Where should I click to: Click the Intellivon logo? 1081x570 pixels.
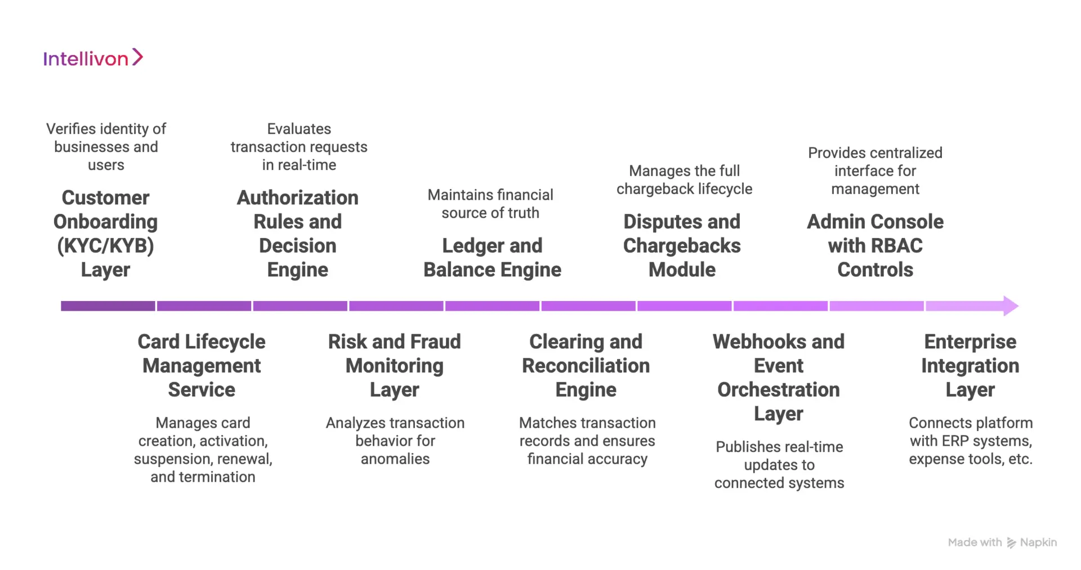click(93, 58)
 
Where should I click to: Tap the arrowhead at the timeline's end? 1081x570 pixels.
click(1010, 306)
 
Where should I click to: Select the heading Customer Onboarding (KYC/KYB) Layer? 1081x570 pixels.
click(105, 234)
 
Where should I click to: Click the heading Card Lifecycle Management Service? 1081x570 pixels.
click(202, 366)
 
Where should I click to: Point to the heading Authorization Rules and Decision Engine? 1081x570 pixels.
click(297, 234)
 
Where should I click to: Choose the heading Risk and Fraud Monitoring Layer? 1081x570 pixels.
click(394, 366)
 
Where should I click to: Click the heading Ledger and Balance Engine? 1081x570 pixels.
click(492, 258)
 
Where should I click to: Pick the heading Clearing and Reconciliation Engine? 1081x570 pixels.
click(586, 366)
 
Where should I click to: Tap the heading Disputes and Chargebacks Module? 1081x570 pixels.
click(682, 246)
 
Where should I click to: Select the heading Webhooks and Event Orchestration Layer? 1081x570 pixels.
click(779, 378)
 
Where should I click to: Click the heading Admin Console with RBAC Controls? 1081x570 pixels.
click(875, 246)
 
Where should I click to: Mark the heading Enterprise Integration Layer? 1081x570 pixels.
click(970, 366)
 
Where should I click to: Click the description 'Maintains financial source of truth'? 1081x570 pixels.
click(490, 204)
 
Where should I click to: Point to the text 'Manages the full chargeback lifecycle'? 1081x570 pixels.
click(684, 179)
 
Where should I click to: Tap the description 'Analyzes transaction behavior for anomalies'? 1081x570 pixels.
click(395, 441)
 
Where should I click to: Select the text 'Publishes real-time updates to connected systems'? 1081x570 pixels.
click(779, 465)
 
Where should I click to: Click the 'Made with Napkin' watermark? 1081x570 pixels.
click(1002, 542)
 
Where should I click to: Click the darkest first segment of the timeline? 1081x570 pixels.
click(108, 306)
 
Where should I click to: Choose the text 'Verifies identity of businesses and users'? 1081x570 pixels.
click(106, 147)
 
